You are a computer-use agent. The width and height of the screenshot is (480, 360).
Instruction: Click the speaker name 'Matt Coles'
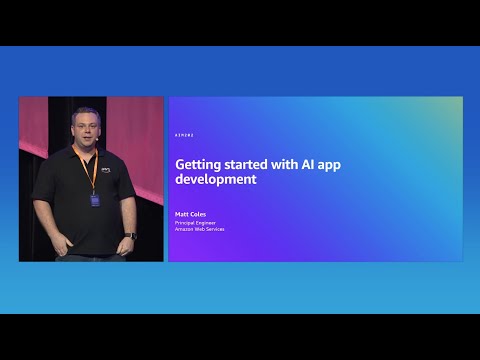point(189,214)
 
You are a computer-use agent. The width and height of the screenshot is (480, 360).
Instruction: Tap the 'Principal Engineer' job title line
point(196,222)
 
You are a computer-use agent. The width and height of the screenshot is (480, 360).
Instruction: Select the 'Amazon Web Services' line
point(200,229)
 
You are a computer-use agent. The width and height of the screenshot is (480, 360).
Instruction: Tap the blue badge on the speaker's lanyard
point(96,200)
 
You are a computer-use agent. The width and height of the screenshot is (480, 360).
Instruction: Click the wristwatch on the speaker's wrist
point(130,236)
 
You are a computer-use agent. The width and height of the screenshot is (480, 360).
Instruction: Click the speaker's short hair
point(83,114)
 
